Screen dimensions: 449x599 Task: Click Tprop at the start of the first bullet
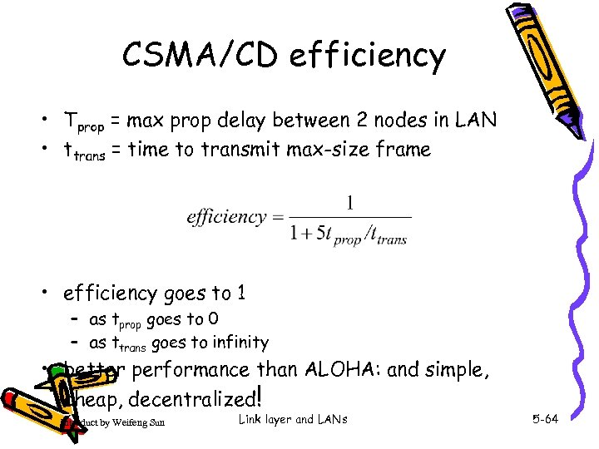84,122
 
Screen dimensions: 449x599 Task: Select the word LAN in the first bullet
477,120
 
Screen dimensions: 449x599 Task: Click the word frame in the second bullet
405,150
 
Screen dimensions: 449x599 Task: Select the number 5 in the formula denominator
319,235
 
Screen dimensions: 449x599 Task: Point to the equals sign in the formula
280,218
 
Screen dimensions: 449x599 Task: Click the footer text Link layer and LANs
292,419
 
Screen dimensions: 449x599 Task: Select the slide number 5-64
545,419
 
